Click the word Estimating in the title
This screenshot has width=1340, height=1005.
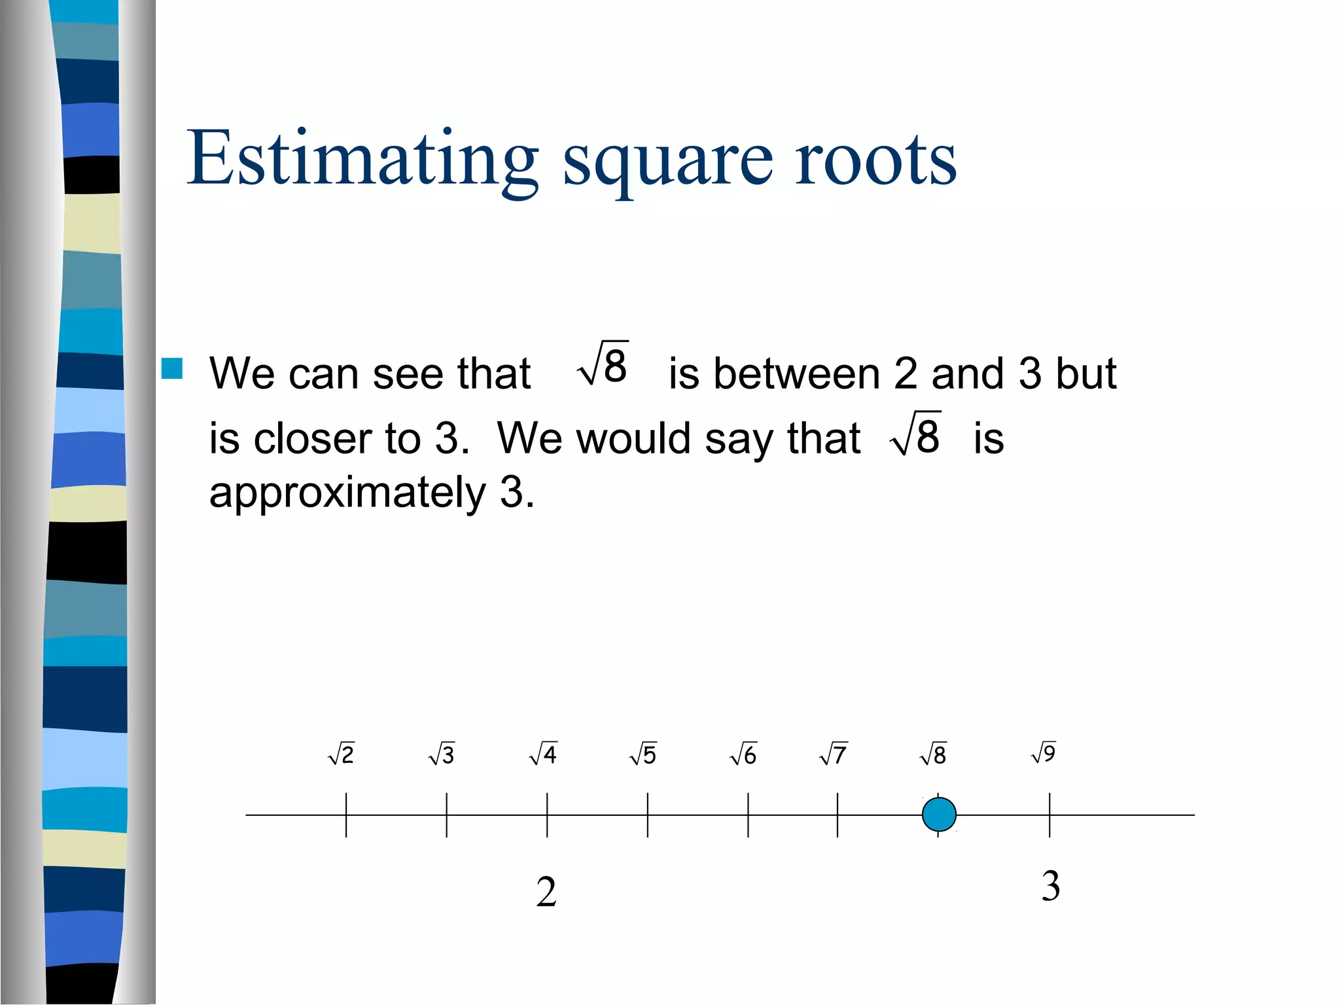362,159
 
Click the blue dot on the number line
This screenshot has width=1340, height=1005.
939,815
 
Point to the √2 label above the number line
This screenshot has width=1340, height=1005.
342,754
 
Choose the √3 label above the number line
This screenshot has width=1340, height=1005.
442,754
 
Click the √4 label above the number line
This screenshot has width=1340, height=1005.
543,754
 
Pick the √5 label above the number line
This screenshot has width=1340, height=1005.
643,754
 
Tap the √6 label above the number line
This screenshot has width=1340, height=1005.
743,754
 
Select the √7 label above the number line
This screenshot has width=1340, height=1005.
834,754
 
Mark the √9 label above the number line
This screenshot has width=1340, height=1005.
1044,752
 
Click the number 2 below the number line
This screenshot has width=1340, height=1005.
546,892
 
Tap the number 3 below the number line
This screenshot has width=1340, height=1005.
1051,886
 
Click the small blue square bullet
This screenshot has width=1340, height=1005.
172,368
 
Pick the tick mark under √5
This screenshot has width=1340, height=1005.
648,815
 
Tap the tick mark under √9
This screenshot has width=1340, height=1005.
1049,815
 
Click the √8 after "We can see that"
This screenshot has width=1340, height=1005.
603,364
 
